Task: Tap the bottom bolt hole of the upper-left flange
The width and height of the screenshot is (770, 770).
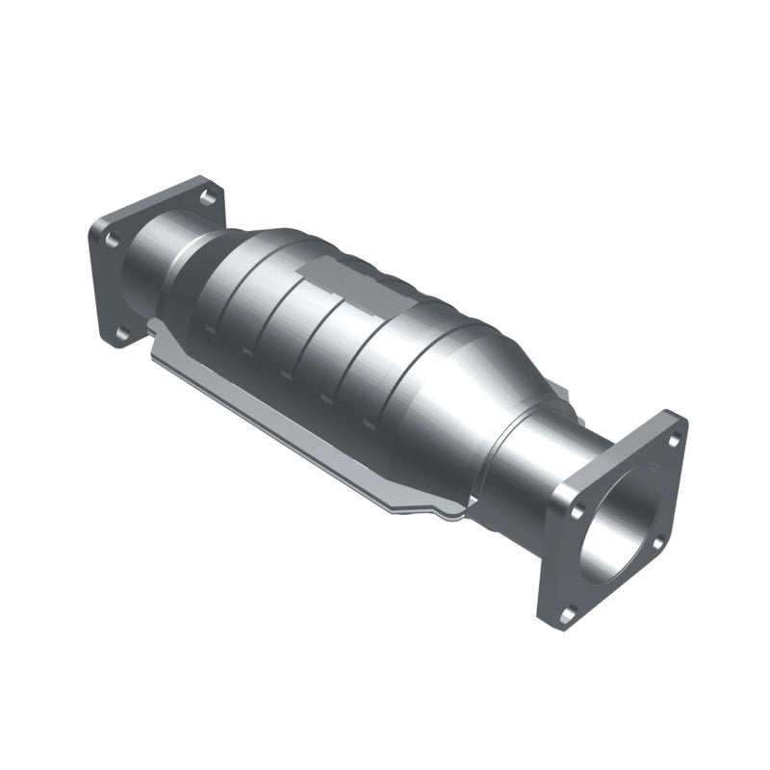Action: pos(122,333)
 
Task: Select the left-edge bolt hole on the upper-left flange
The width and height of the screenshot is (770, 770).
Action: pos(111,239)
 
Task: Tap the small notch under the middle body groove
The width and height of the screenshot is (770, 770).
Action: pos(286,374)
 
